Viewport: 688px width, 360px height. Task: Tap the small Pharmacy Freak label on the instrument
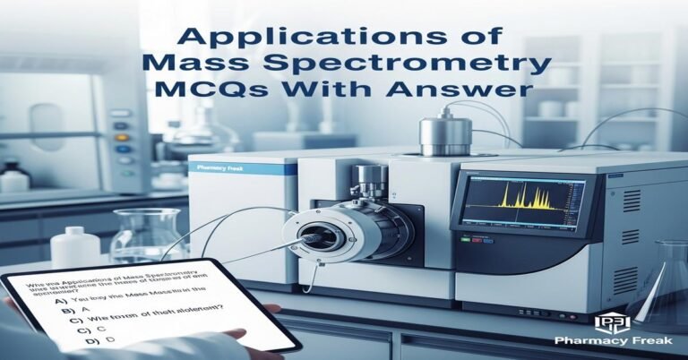pyautogui.click(x=214, y=166)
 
